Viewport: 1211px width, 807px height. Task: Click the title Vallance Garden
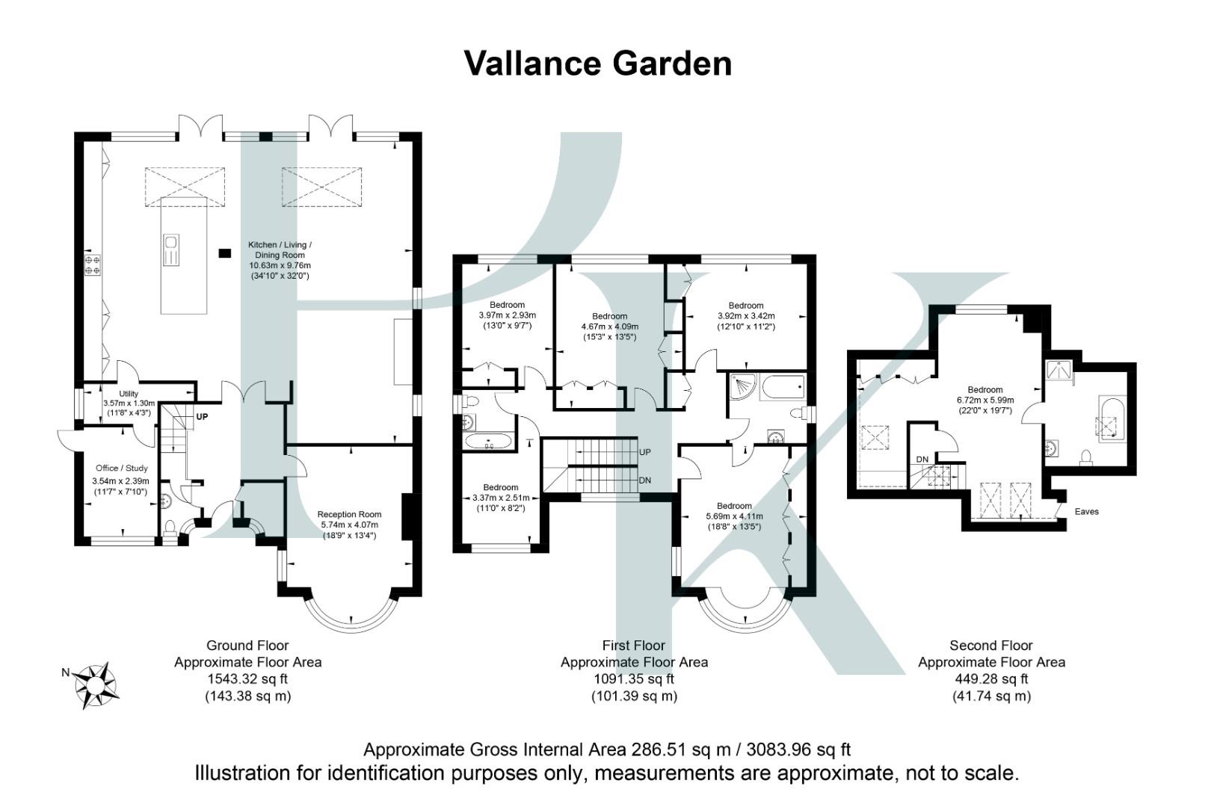click(x=597, y=64)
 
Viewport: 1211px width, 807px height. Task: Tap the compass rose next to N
click(x=96, y=684)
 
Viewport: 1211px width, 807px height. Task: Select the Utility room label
click(x=129, y=394)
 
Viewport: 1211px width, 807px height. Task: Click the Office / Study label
click(x=121, y=469)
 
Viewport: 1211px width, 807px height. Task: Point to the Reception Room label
click(x=349, y=514)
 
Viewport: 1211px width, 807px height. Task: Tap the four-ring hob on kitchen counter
click(x=93, y=265)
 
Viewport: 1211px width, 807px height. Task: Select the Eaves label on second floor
click(x=1086, y=512)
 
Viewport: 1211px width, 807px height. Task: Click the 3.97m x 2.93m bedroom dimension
click(x=507, y=315)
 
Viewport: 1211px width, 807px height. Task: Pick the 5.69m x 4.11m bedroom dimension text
click(x=734, y=516)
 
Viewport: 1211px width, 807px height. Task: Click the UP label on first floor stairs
click(x=645, y=452)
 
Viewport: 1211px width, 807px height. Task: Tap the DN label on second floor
click(x=922, y=459)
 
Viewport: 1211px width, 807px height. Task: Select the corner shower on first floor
click(x=743, y=386)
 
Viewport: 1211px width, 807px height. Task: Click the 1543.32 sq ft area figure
click(x=247, y=679)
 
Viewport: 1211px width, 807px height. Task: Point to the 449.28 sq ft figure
click(x=991, y=679)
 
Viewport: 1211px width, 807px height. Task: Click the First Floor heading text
click(x=633, y=646)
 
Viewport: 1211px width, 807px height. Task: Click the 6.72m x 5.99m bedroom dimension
click(x=985, y=400)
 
